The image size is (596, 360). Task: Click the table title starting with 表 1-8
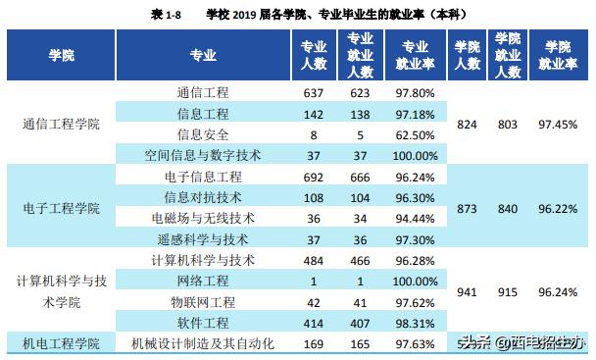(297, 14)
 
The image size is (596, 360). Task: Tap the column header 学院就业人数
(507, 57)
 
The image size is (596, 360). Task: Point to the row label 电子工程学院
(61, 209)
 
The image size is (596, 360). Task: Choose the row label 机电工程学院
(61, 343)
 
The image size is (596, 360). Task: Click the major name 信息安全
(203, 134)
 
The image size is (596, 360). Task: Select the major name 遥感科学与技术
(203, 238)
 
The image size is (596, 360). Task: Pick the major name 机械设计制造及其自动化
(203, 343)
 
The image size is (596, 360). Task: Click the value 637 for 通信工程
(315, 93)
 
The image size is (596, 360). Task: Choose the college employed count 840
(507, 209)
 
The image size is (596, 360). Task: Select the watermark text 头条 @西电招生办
(524, 343)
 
